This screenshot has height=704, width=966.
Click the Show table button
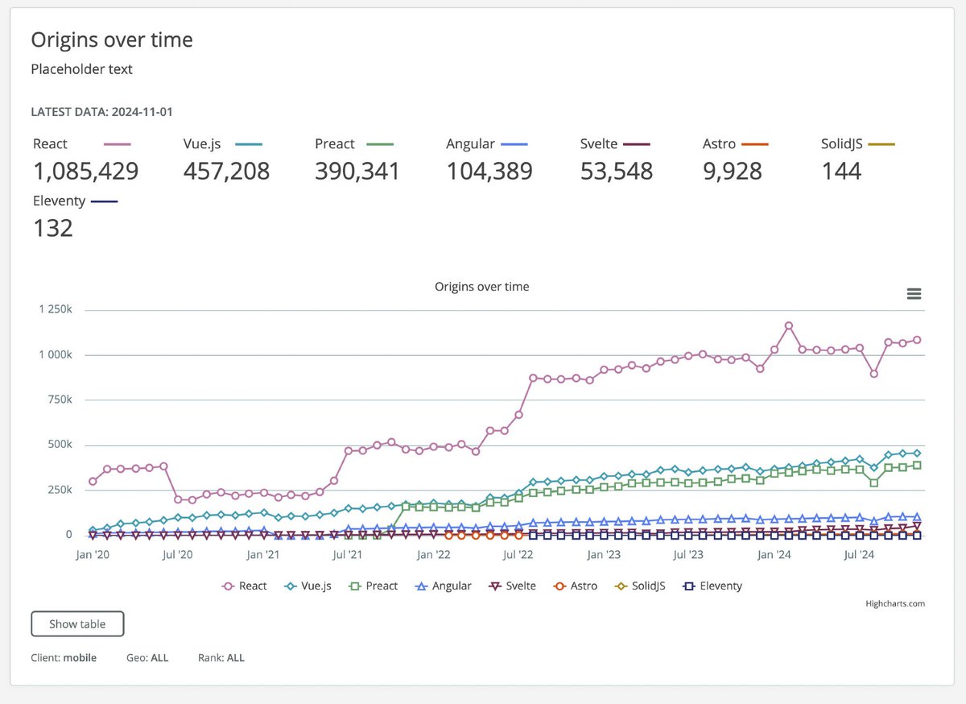(x=77, y=623)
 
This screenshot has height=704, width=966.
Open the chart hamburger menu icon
(x=914, y=294)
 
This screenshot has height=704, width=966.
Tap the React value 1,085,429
(x=86, y=172)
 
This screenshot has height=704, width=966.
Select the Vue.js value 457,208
(x=226, y=172)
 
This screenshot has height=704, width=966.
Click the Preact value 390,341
(x=357, y=172)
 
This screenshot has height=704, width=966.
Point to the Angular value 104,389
(x=489, y=172)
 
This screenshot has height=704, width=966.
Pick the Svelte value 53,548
(x=617, y=172)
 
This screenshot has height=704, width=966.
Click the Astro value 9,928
(x=733, y=172)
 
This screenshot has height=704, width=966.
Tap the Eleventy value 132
(x=53, y=228)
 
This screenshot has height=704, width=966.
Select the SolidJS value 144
(x=841, y=172)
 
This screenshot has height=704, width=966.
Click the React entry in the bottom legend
(x=244, y=586)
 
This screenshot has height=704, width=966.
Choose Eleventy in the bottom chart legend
(x=712, y=586)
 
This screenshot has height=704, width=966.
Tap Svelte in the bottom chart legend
(x=512, y=586)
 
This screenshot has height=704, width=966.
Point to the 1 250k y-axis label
(x=56, y=309)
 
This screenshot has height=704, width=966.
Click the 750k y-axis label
(x=60, y=400)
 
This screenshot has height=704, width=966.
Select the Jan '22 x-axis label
(x=433, y=555)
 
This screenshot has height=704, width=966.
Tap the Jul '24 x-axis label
(x=859, y=555)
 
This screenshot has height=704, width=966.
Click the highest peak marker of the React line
(x=789, y=326)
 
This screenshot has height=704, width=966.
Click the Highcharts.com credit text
(x=895, y=603)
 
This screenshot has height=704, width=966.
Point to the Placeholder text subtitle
(x=81, y=69)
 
